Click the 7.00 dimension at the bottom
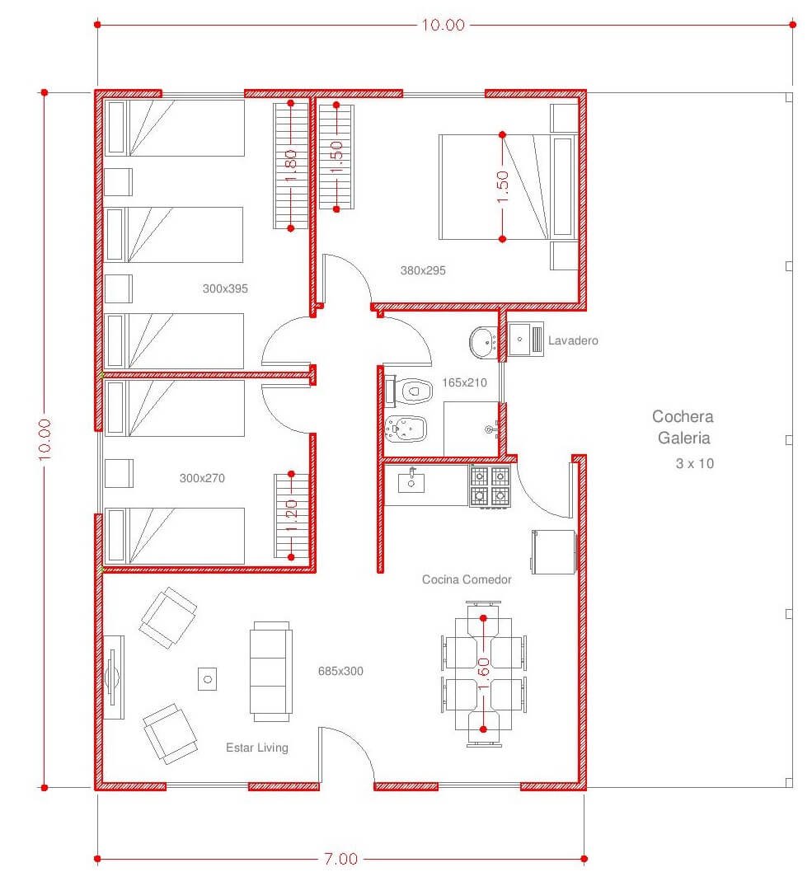pos(340,860)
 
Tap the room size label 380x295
pos(423,270)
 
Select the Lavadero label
pos(573,340)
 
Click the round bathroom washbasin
pos(483,342)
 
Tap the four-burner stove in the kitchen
pos(490,486)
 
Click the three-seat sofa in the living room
pos(271,671)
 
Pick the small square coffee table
pos(208,678)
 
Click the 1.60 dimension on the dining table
pos(484,673)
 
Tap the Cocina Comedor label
pos(467,579)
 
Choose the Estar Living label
pos(257,748)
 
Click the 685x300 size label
pos(340,671)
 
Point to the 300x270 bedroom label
pos(202,478)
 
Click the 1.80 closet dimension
pos(291,166)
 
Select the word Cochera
pos(683,416)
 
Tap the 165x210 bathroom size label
pos(464,382)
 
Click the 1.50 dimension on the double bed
pos(502,187)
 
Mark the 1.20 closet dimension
pos(292,515)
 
